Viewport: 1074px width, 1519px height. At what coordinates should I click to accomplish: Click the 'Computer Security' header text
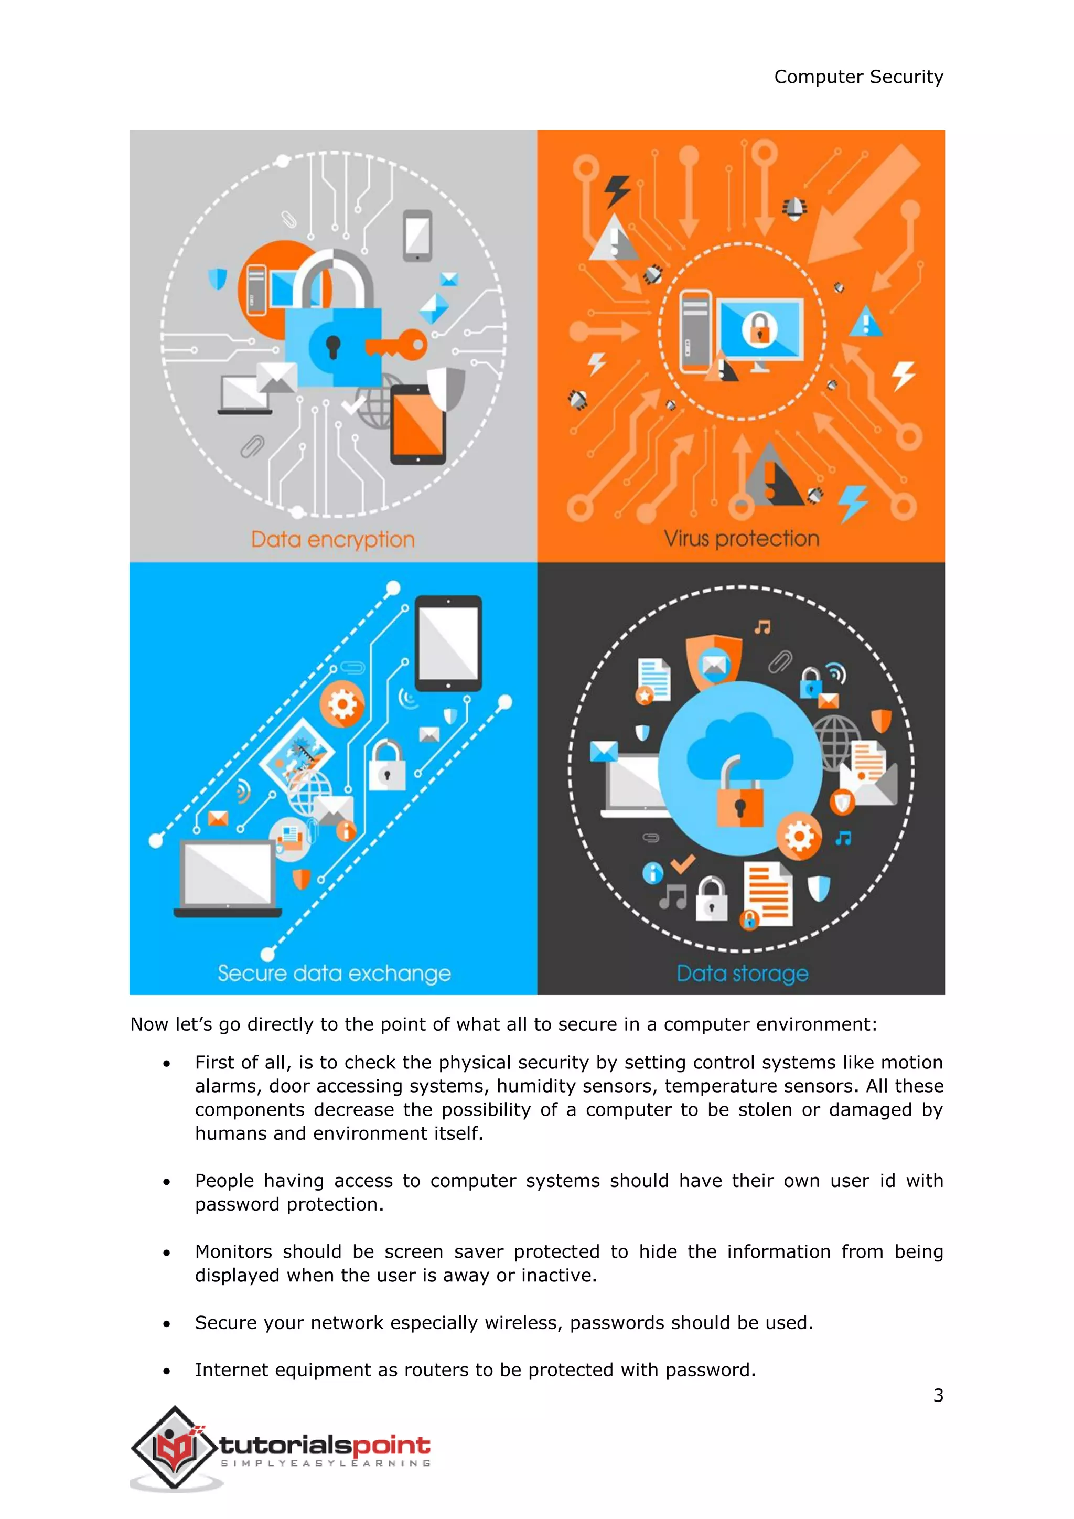(858, 77)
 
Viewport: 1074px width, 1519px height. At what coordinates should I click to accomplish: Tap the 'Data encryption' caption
(332, 539)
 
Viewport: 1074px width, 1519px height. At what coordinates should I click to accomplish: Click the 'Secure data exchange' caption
(334, 973)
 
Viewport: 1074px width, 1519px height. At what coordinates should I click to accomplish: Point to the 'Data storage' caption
(742, 973)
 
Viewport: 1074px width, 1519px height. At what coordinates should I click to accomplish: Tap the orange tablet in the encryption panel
(418, 424)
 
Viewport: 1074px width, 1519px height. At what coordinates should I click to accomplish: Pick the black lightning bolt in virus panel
(618, 190)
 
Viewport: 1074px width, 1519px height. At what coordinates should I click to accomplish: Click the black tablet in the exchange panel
(448, 643)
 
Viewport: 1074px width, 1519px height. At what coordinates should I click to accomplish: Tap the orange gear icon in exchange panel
(342, 704)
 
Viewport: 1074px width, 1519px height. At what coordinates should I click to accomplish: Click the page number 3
(938, 1395)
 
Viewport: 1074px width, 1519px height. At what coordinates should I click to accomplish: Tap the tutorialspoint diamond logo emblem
(175, 1448)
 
